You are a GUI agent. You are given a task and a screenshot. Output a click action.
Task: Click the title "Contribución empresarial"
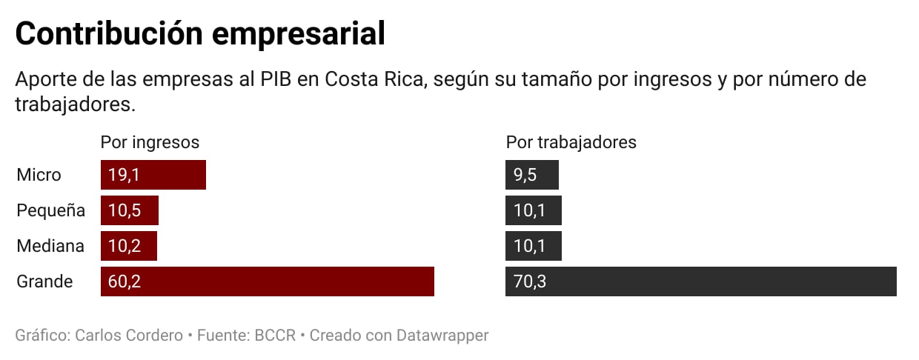200,35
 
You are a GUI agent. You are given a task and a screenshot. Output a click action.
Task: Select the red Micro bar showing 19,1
153,175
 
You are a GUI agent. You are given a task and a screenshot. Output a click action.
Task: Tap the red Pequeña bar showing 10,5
130,210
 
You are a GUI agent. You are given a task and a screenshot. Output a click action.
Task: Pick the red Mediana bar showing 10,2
129,246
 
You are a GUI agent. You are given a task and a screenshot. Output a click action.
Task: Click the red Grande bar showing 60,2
267,281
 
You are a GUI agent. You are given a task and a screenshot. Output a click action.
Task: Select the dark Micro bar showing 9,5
532,175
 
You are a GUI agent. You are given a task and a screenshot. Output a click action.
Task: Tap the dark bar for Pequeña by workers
534,210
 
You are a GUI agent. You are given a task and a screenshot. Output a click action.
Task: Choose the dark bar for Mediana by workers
534,246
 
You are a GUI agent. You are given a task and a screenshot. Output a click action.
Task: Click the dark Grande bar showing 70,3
700,281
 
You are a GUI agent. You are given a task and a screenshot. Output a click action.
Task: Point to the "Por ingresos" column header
150,142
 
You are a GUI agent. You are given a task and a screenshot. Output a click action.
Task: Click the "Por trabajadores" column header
571,142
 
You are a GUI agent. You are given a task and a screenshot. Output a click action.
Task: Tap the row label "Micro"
39,175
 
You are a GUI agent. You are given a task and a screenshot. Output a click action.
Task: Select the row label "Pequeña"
50,210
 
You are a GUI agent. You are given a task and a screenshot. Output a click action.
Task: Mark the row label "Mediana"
50,246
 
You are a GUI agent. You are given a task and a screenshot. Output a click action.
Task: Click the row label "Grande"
44,281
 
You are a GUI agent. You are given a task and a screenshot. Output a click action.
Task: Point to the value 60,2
124,281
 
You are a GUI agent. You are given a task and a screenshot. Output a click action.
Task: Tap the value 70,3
529,281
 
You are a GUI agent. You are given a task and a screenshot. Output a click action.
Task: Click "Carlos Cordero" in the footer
129,336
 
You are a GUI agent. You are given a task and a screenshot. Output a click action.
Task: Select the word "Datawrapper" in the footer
443,336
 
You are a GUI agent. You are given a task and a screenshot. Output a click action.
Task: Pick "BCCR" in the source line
275,336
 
